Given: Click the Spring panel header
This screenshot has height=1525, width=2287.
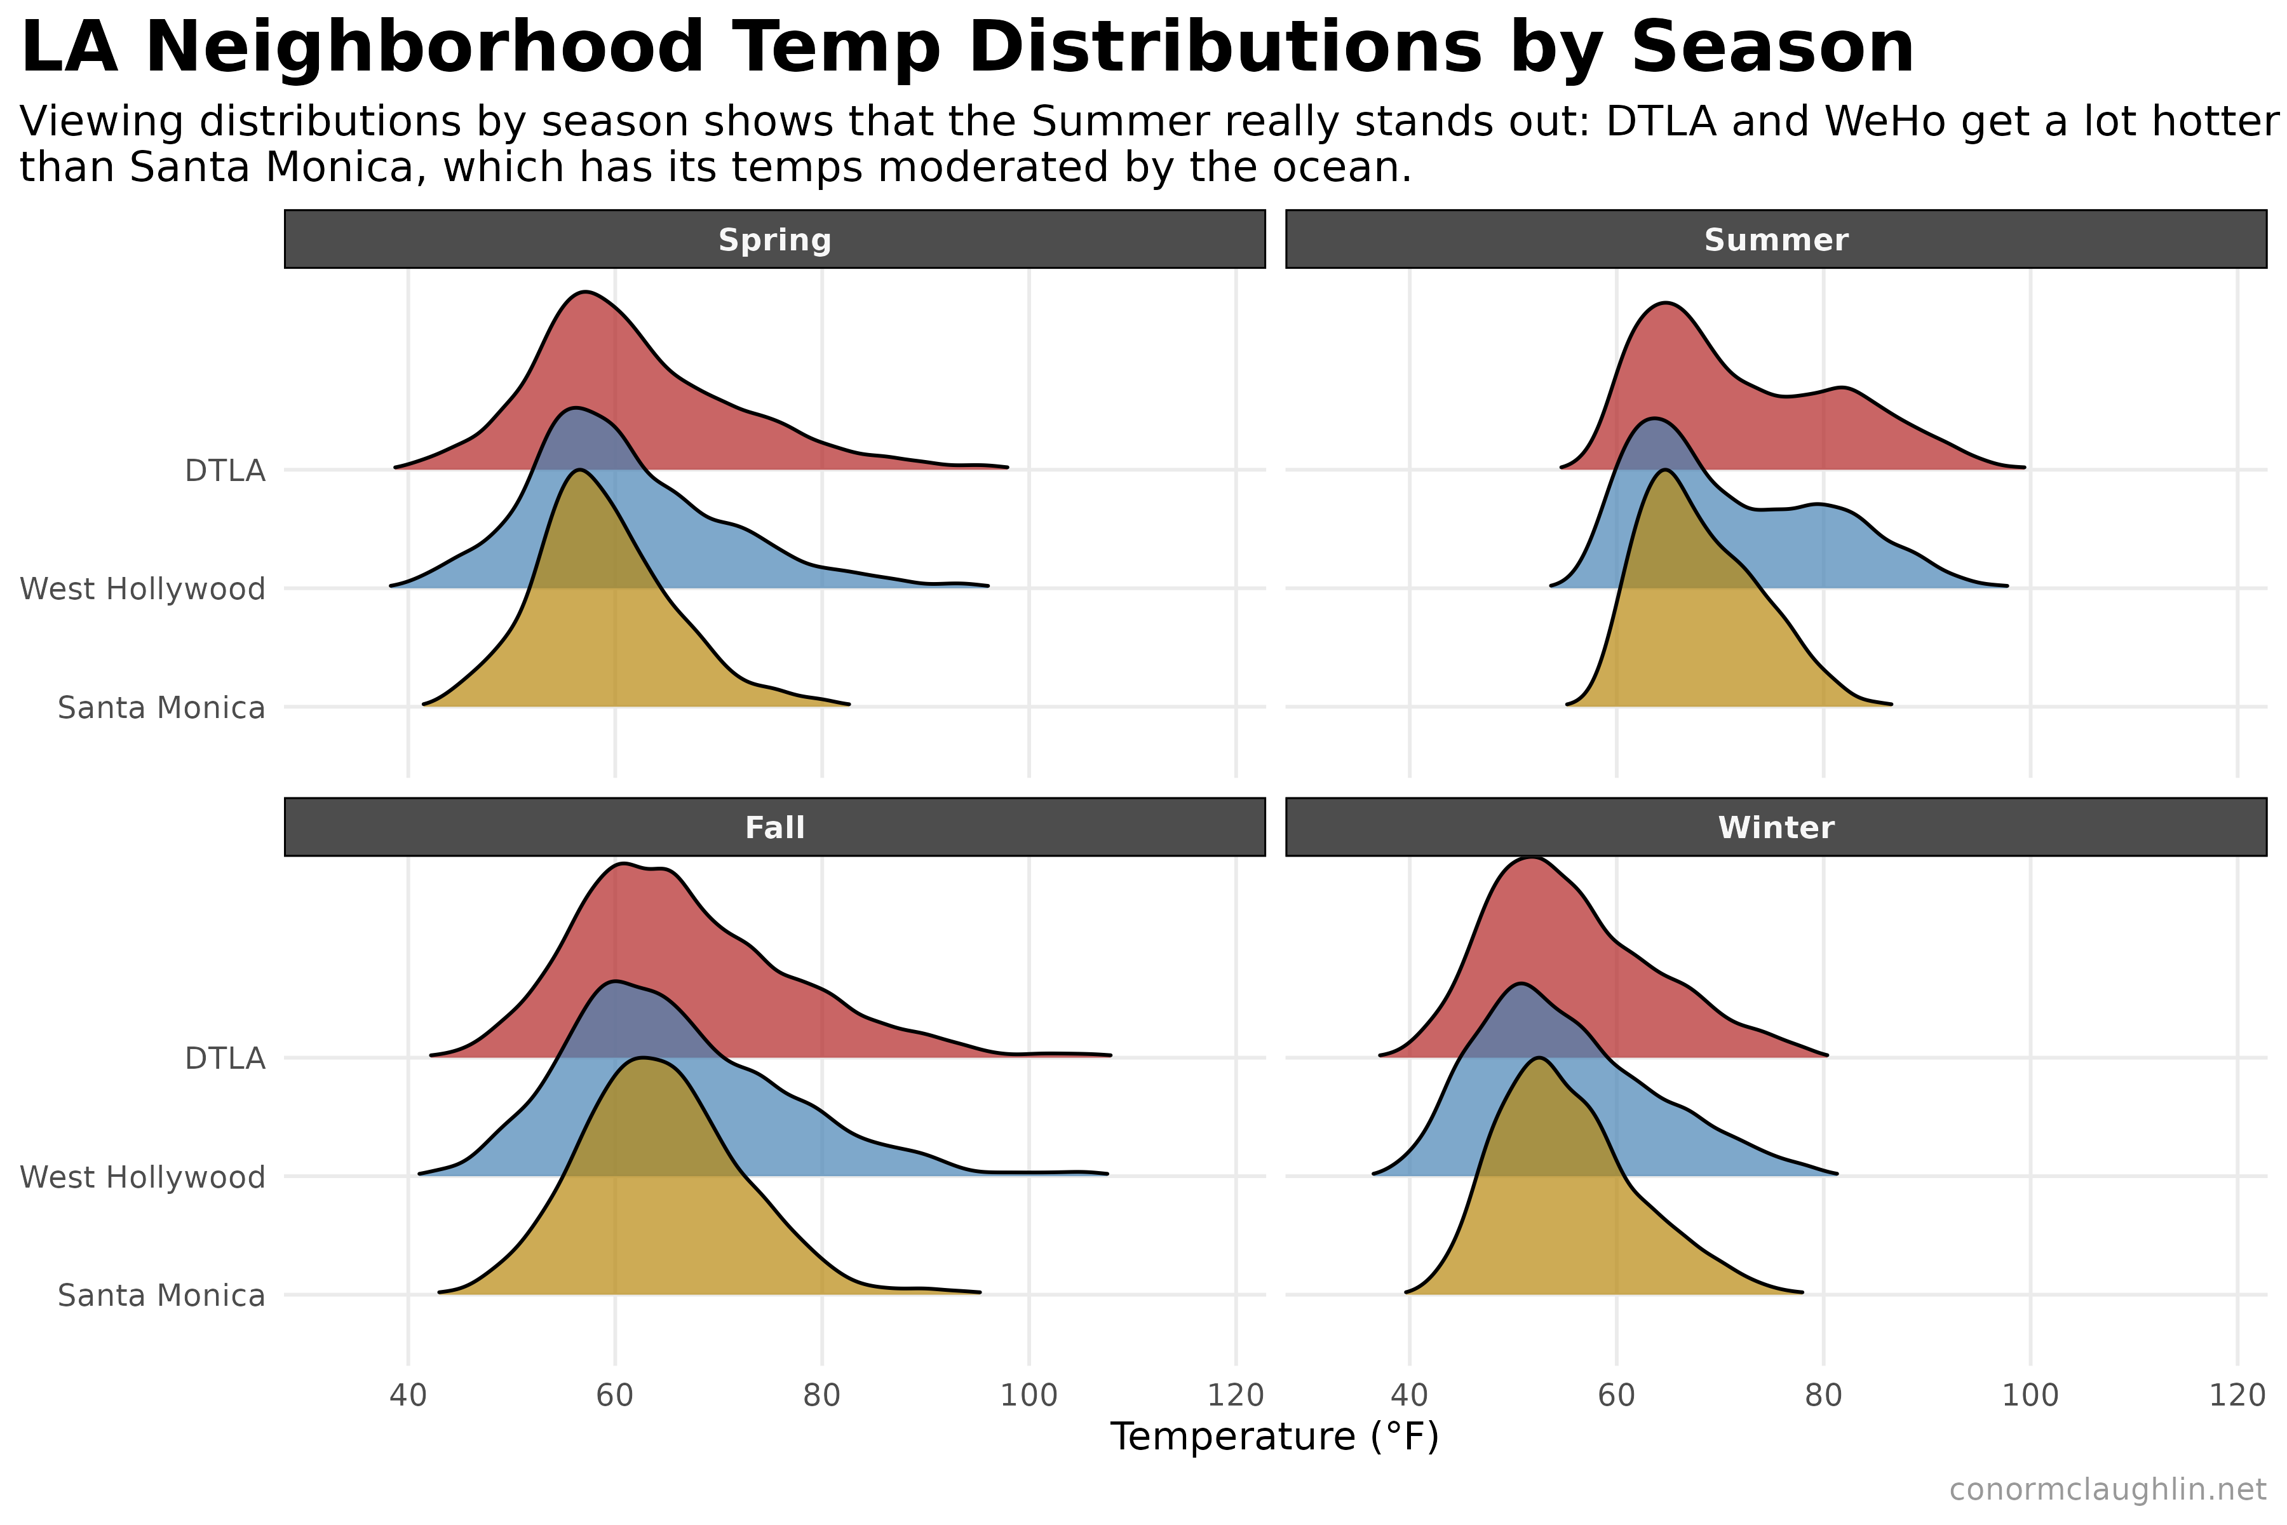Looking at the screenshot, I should [x=775, y=240].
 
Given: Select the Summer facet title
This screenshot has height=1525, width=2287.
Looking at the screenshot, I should [x=1776, y=240].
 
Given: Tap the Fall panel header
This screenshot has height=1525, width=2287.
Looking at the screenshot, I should [x=775, y=828].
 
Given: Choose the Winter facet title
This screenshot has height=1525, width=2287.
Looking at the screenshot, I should [x=1776, y=828].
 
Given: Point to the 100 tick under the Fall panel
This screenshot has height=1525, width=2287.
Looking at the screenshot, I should [x=1029, y=1395].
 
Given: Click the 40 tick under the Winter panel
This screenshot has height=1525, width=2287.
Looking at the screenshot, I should [x=1410, y=1395].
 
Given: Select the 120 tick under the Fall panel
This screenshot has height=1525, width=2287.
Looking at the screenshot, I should [x=1235, y=1395].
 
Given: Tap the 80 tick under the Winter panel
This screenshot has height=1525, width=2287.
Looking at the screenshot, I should [x=1823, y=1395].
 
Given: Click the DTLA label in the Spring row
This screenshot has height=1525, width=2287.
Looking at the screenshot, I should [x=225, y=471].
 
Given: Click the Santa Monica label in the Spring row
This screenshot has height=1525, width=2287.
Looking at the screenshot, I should [x=161, y=707].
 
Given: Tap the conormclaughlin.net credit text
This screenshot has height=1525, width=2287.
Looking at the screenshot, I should [x=2107, y=1489].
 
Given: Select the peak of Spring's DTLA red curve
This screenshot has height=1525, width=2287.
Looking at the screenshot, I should [x=585, y=293].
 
